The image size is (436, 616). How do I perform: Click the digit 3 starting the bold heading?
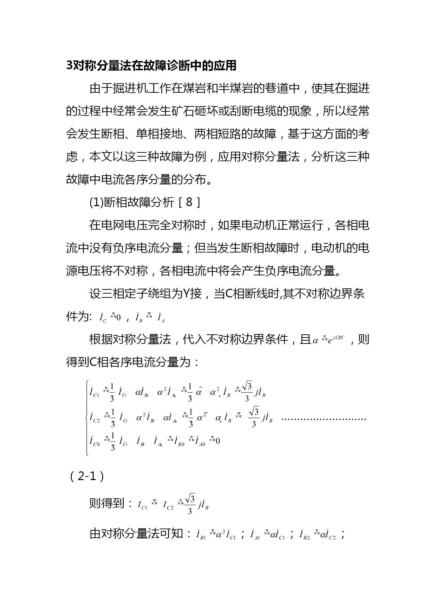(x=69, y=66)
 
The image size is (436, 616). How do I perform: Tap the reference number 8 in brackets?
(x=189, y=202)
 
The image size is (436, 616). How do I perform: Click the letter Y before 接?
(x=186, y=294)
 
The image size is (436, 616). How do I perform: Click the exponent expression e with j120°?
(x=336, y=340)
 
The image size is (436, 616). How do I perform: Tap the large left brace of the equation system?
(x=87, y=418)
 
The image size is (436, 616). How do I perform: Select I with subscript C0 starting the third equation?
(x=95, y=441)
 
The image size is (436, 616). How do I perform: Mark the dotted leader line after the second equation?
(x=324, y=419)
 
